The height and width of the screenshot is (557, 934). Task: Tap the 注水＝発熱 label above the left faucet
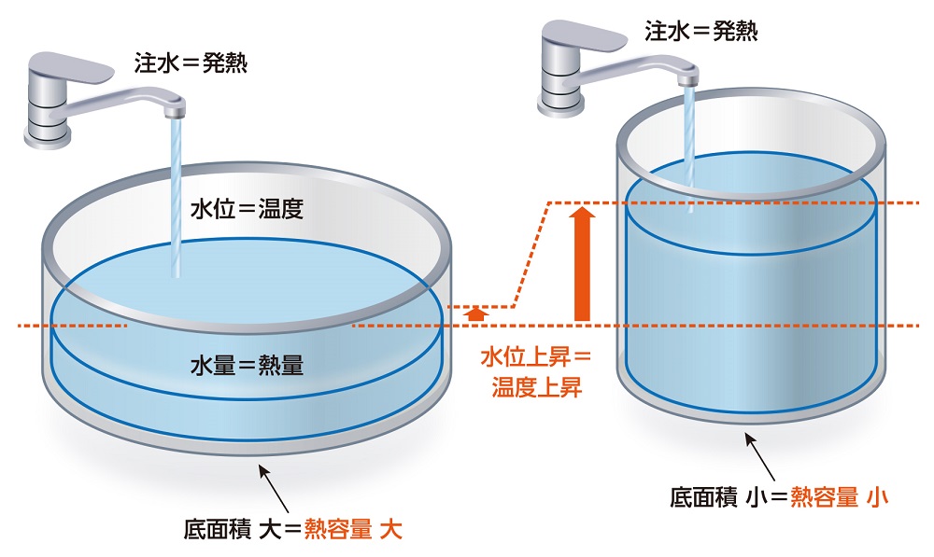pyautogui.click(x=191, y=64)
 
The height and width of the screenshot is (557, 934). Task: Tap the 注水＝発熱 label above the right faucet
pyautogui.click(x=700, y=31)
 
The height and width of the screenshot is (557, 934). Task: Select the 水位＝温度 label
pyautogui.click(x=248, y=208)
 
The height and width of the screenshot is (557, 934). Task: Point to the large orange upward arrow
pyautogui.click(x=583, y=265)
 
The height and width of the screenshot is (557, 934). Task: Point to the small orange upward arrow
pyautogui.click(x=476, y=313)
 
